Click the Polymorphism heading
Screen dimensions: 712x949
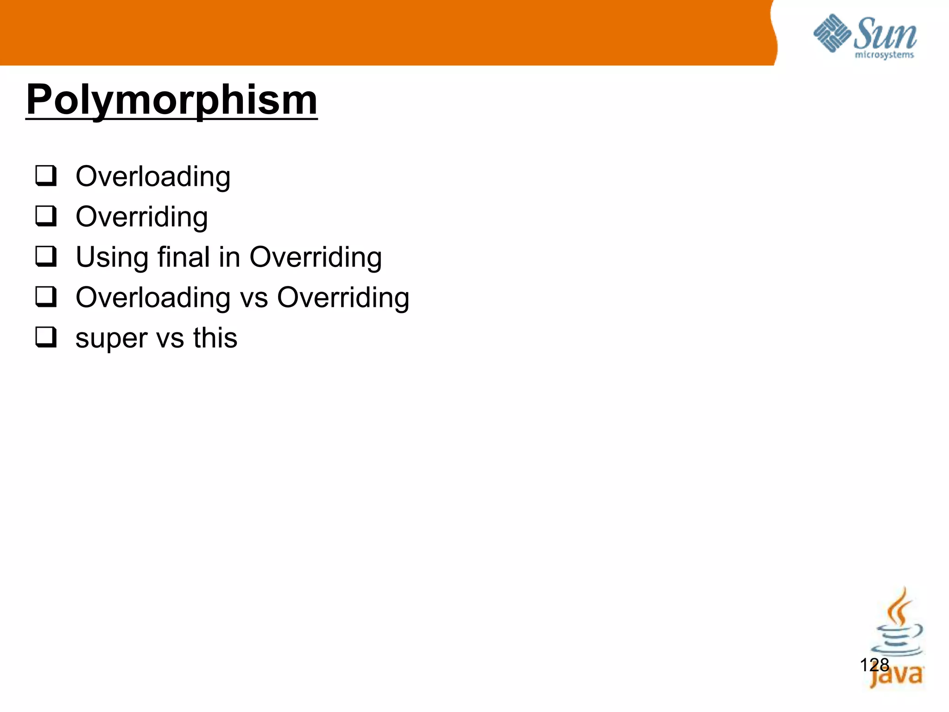[x=171, y=100]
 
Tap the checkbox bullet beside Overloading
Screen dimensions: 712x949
[x=46, y=176]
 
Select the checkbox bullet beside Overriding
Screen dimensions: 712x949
[x=46, y=216]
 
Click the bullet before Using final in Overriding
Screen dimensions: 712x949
[x=46, y=257]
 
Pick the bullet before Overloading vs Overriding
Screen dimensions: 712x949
[x=46, y=297]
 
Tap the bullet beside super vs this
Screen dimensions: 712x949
[x=46, y=337]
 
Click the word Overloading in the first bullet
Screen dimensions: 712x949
[x=153, y=177]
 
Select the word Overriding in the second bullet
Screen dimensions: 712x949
[x=142, y=217]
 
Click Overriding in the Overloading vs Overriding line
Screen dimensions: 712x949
[x=343, y=298]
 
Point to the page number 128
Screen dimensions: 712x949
[x=874, y=665]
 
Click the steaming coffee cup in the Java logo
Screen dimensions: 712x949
[x=897, y=626]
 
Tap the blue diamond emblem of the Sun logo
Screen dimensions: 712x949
[x=832, y=33]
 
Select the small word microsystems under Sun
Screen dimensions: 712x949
[x=884, y=55]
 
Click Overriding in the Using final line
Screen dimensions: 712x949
[x=316, y=258]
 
